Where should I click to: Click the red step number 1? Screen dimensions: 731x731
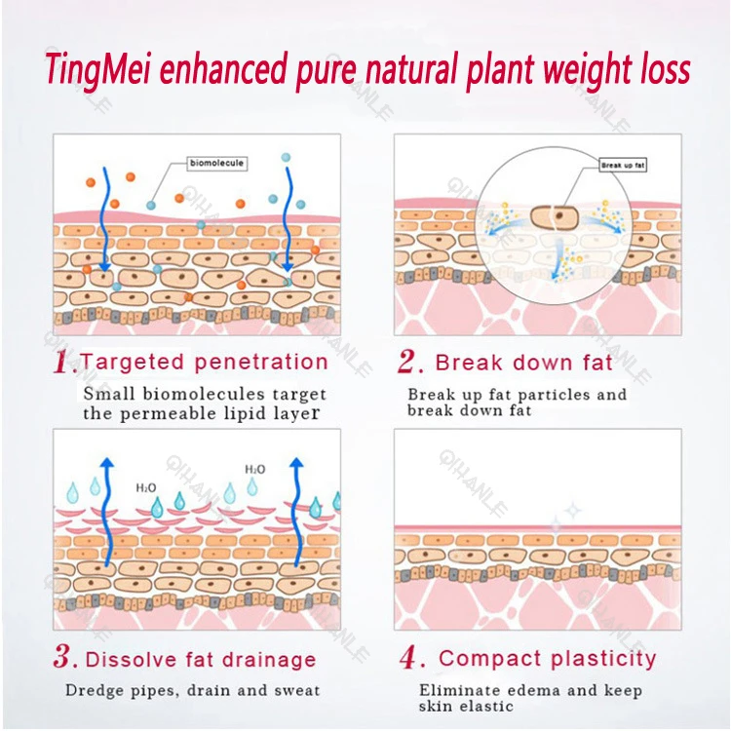(65, 364)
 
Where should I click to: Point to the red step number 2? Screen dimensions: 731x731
(409, 364)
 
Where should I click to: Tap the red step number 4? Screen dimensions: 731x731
(409, 658)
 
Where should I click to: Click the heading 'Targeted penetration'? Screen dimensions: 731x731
(204, 362)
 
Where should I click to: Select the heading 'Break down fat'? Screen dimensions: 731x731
(524, 363)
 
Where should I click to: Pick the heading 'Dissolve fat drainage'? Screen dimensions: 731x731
(201, 660)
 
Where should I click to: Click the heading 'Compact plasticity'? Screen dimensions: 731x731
(548, 658)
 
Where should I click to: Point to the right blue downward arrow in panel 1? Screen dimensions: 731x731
(287, 219)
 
